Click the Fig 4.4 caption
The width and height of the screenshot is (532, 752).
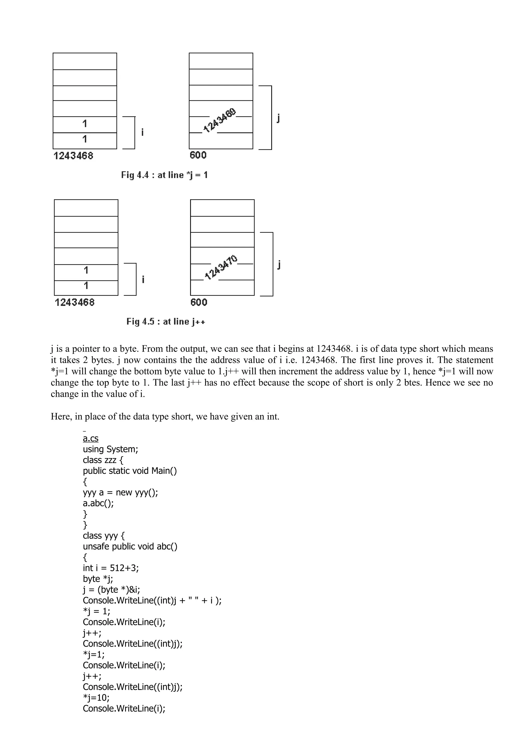coord(164,175)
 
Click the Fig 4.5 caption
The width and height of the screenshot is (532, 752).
coord(166,322)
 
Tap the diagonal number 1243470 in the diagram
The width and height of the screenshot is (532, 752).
coord(221,267)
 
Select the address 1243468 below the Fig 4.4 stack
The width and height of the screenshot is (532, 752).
coord(74,156)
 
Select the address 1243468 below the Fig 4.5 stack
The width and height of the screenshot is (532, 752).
coord(75,302)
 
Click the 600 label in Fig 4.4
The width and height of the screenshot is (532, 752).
coord(198,155)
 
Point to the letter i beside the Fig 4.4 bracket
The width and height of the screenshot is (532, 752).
coord(142,132)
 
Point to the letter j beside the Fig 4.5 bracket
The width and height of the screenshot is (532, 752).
coord(279,264)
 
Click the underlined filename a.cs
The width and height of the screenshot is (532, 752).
coord(90,438)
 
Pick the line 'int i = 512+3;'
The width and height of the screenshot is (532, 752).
coord(111,568)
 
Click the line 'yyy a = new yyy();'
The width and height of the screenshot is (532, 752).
coord(120,492)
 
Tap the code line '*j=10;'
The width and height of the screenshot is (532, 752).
coord(96,698)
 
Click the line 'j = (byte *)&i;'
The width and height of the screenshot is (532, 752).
coord(111,590)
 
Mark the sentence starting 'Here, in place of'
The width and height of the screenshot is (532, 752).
coord(165,417)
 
